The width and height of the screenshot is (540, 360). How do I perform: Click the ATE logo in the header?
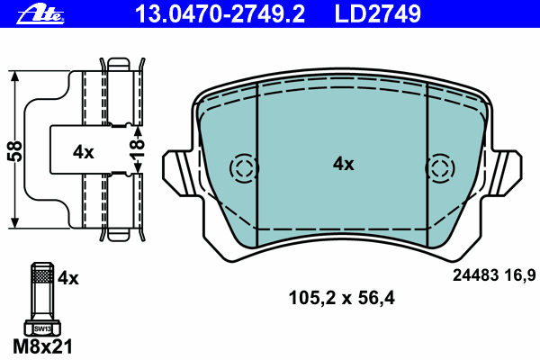(40, 14)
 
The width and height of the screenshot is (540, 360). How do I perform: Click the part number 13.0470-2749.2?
(220, 13)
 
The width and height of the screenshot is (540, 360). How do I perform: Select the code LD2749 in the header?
(377, 13)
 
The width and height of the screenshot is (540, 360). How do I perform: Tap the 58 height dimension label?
(14, 151)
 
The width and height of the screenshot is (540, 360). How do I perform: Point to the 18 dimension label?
(137, 148)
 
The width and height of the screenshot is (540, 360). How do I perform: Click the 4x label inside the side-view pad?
(84, 151)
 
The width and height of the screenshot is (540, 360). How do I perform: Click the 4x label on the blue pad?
(344, 164)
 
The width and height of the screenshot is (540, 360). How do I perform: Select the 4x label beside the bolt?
(68, 278)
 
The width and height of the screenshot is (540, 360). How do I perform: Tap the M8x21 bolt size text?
(42, 346)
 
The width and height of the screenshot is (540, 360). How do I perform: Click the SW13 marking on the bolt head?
(42, 328)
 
